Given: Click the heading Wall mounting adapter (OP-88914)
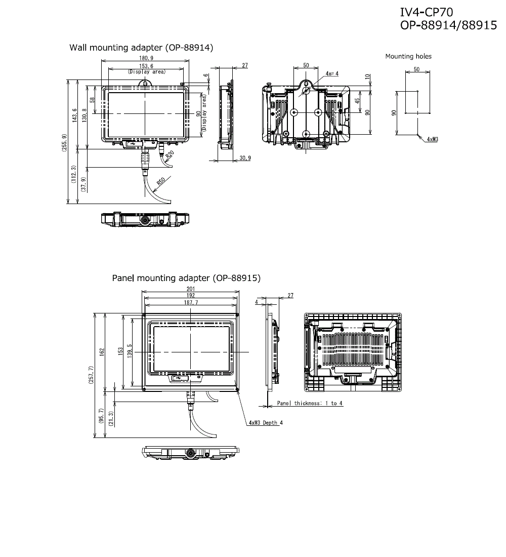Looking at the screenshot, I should [x=141, y=48].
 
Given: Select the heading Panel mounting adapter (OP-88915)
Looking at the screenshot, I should [x=186, y=278].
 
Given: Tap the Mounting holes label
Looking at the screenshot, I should [x=408, y=57].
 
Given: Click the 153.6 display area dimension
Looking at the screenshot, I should [x=146, y=66].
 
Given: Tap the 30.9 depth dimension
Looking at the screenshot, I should [x=245, y=158].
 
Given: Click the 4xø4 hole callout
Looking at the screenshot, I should [x=332, y=74].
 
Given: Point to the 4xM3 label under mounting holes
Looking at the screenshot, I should [x=432, y=138].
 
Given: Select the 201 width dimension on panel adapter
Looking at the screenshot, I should [x=190, y=289].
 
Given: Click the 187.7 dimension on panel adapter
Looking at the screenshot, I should [x=190, y=302].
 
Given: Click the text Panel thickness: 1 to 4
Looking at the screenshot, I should [x=310, y=403].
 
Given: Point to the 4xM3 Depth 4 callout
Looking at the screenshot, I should [x=266, y=423].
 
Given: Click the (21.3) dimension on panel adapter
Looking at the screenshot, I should [x=111, y=420].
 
